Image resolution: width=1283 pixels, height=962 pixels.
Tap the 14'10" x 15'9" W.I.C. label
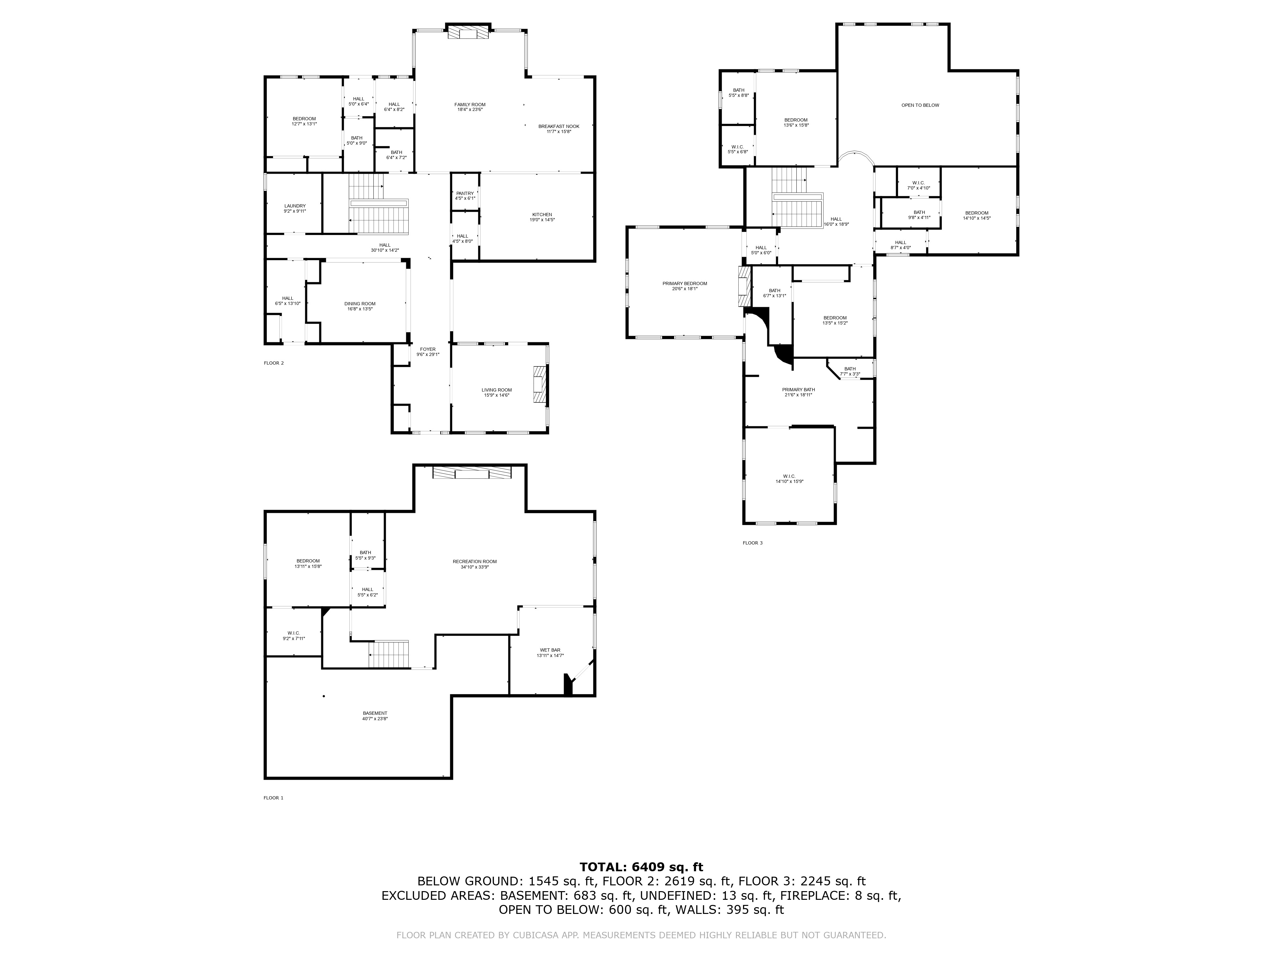click(x=789, y=479)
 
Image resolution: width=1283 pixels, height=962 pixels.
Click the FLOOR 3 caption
click(x=752, y=543)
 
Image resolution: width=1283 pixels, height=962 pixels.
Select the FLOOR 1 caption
click(x=273, y=798)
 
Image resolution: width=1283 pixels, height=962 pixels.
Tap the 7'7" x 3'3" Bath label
click(x=850, y=371)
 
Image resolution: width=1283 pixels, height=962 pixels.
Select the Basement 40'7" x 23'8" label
click(x=375, y=715)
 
